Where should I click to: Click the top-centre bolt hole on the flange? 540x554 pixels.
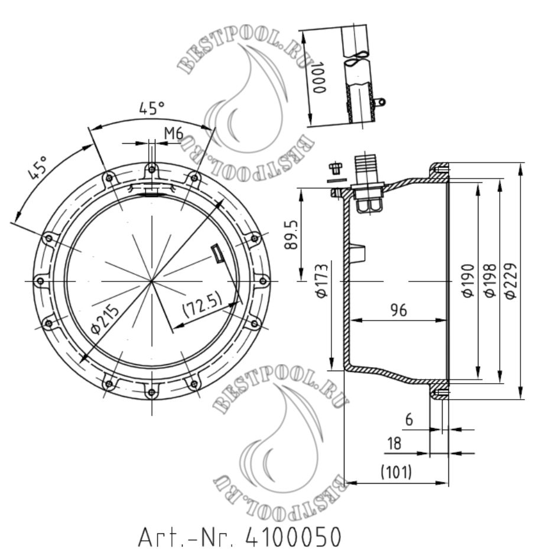pos(152,169)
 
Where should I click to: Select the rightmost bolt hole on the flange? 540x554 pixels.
pos(264,280)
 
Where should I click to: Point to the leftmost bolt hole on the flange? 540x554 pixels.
pos(40,280)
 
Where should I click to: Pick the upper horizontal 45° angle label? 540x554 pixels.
pos(152,109)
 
